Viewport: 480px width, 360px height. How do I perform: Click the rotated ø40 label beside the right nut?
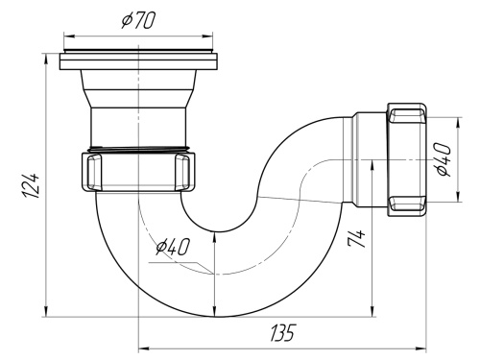pyautogui.click(x=444, y=158)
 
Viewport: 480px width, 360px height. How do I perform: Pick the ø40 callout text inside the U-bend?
pyautogui.click(x=172, y=248)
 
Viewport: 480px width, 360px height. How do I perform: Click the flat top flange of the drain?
pyautogui.click(x=141, y=62)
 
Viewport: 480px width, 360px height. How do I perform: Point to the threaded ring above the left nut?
pyautogui.click(x=140, y=149)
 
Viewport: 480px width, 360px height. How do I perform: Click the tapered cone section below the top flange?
pyautogui.click(x=140, y=89)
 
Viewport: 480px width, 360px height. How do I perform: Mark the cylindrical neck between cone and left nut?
pyautogui.click(x=140, y=126)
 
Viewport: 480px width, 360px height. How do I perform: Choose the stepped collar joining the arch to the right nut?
pyautogui.click(x=369, y=159)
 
